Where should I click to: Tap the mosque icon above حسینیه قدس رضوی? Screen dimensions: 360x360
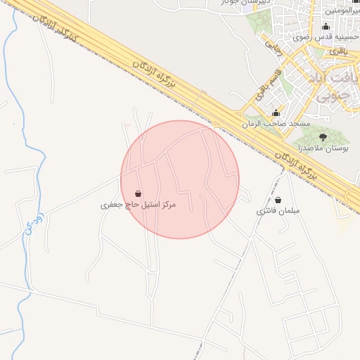324,27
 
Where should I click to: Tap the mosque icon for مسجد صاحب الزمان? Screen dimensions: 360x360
276,113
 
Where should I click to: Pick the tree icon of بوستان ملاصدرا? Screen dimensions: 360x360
323,137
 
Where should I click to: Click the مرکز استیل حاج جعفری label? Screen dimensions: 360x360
138,205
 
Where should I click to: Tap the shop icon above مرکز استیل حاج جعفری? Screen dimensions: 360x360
137,193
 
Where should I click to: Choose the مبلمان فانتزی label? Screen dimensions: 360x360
278,211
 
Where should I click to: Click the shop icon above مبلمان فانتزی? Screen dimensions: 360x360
278,200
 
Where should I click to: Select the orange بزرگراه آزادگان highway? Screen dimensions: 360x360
211,105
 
